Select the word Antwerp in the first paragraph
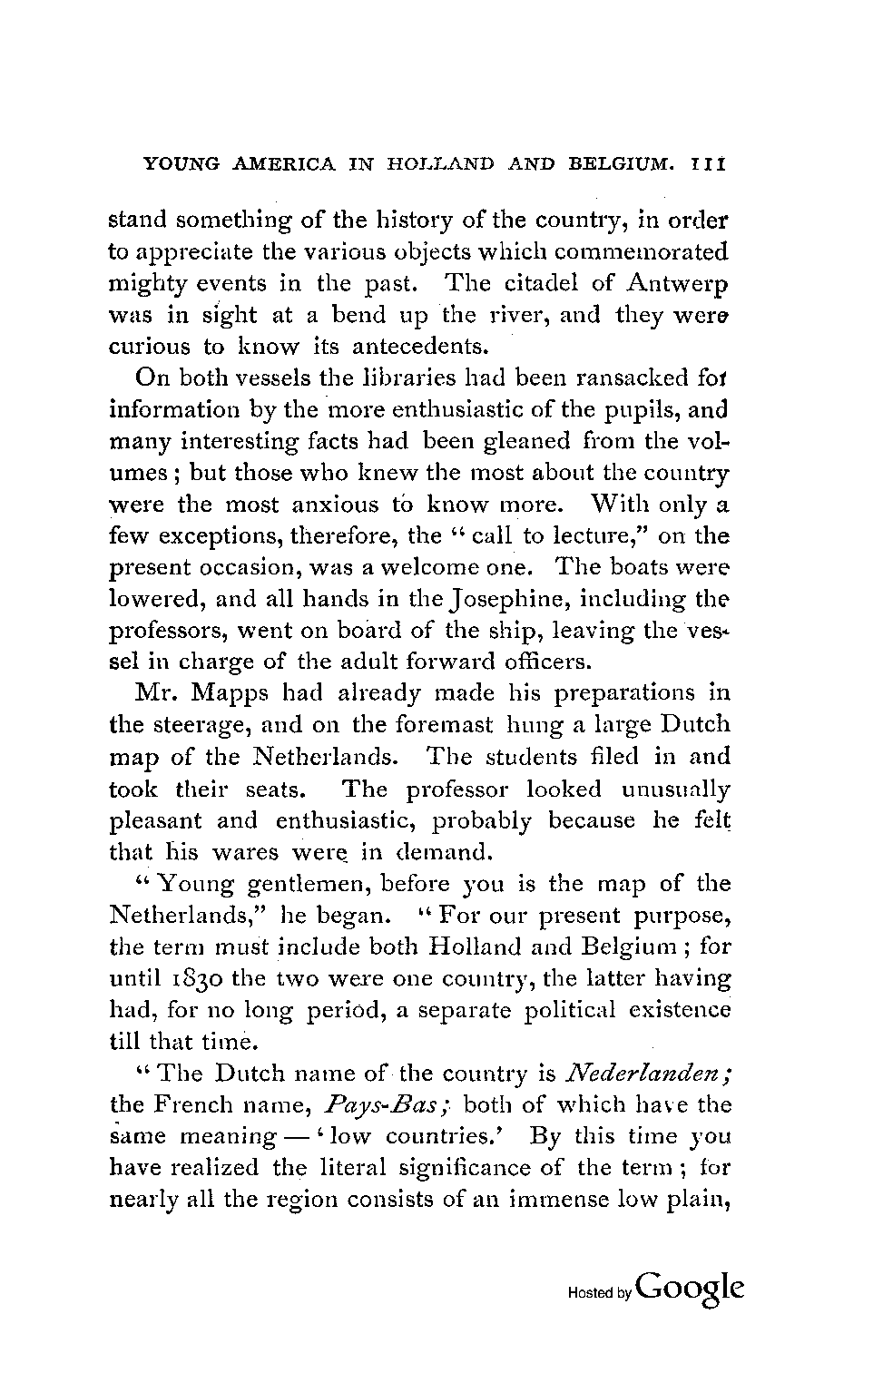(677, 283)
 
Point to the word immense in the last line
(563, 1201)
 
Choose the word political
(571, 1011)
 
